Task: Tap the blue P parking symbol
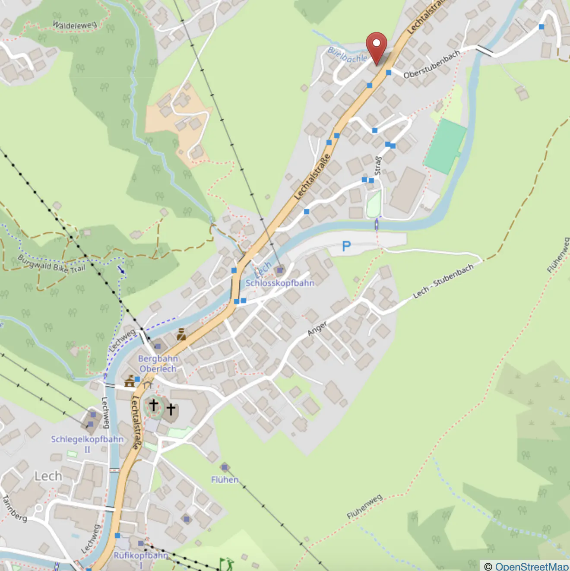(x=346, y=246)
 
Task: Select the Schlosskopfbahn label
(x=280, y=283)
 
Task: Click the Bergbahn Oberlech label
(x=158, y=364)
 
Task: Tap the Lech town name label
(x=48, y=476)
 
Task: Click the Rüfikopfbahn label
(x=141, y=555)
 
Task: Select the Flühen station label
(x=225, y=479)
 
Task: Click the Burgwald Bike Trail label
(x=52, y=264)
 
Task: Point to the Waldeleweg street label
(x=74, y=25)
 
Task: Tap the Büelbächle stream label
(x=348, y=55)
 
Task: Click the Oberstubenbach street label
(x=432, y=65)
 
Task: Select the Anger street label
(x=317, y=329)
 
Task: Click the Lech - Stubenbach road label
(x=443, y=281)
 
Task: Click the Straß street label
(x=377, y=166)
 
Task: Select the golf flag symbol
(x=225, y=563)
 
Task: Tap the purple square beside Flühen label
(x=224, y=467)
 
